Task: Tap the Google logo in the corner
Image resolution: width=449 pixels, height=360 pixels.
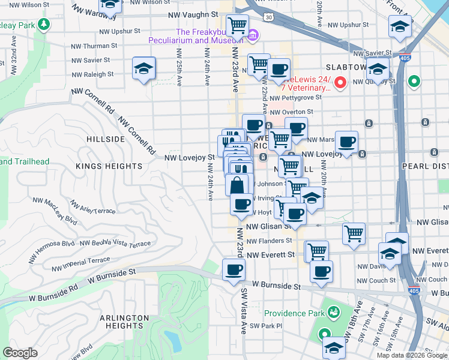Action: [x=20, y=353]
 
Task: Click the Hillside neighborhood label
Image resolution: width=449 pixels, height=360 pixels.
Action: [x=106, y=139]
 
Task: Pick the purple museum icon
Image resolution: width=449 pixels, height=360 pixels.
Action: [x=253, y=37]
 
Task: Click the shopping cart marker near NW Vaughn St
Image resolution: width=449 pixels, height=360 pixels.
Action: [x=238, y=26]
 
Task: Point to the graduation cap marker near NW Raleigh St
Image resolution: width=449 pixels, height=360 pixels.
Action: [x=144, y=68]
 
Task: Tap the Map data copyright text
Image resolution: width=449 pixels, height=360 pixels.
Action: [x=411, y=355]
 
